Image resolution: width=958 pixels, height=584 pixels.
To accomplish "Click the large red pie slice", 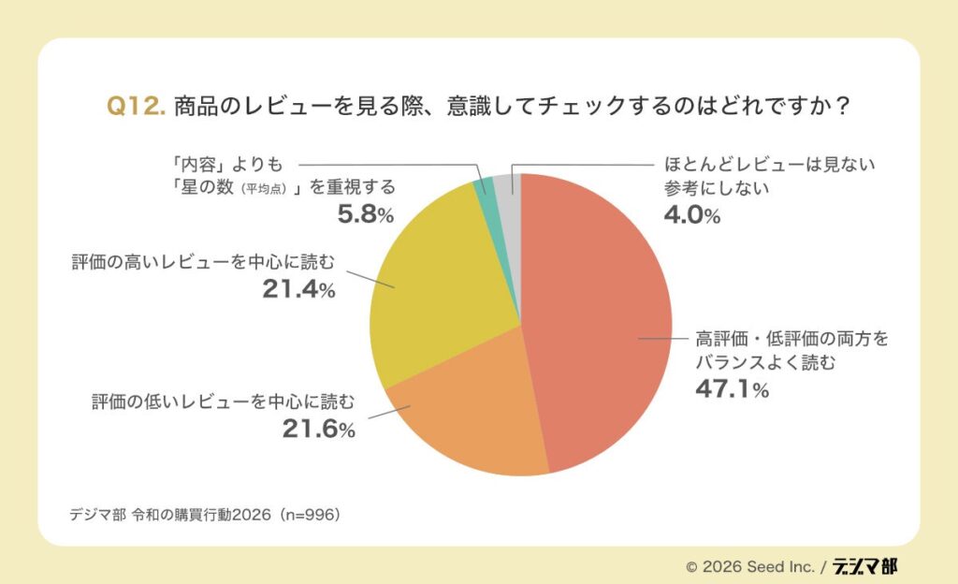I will coord(599,318).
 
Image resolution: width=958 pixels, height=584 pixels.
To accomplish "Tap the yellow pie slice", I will coord(440,281).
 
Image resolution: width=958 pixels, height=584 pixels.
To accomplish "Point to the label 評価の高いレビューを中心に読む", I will coord(203,261).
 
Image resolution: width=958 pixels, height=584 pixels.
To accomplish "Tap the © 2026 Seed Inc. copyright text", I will coord(749,566).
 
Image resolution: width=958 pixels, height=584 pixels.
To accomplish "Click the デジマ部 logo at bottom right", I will coord(865,565).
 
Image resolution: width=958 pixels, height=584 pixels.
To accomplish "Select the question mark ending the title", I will coord(841,107).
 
